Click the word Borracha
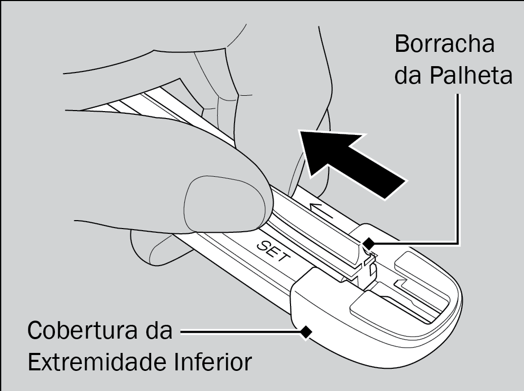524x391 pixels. coord(444,44)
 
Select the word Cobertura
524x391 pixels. coord(82,330)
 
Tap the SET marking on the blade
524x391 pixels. coord(273,251)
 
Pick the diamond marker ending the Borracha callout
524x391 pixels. coord(369,244)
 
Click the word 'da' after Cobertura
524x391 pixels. coord(159,330)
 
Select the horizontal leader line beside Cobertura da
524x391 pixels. coord(241,332)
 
